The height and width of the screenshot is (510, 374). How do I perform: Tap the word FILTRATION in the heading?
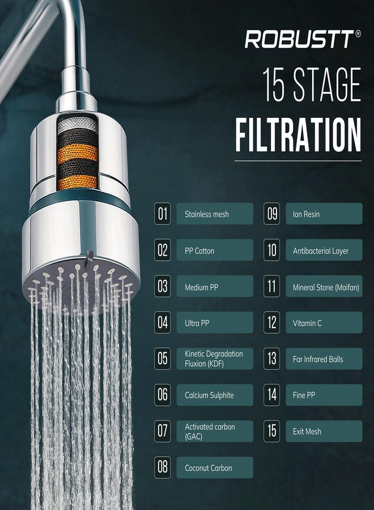(x=298, y=135)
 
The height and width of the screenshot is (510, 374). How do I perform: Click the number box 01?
(x=162, y=214)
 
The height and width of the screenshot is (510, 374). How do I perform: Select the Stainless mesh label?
(x=215, y=214)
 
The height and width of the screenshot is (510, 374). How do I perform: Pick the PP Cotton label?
(x=215, y=250)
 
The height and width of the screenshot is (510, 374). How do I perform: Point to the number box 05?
(x=162, y=359)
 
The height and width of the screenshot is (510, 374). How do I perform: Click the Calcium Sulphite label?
(x=215, y=395)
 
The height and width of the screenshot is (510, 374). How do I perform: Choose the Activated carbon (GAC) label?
(x=215, y=431)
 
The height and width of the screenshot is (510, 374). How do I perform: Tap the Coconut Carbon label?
(x=215, y=467)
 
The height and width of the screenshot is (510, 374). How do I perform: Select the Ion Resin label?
(x=324, y=214)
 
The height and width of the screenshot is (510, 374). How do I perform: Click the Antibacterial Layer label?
(x=324, y=250)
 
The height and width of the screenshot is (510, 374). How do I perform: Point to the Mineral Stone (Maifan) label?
(x=324, y=286)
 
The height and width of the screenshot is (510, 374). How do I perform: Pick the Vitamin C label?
(x=324, y=322)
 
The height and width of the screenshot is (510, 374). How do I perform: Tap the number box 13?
(x=271, y=359)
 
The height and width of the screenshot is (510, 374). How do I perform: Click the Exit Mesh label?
(x=324, y=431)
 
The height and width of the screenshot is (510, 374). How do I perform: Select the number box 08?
(x=162, y=467)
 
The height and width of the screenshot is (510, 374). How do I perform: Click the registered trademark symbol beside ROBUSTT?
(x=358, y=33)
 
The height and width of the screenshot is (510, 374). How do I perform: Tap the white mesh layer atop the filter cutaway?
(x=77, y=123)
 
